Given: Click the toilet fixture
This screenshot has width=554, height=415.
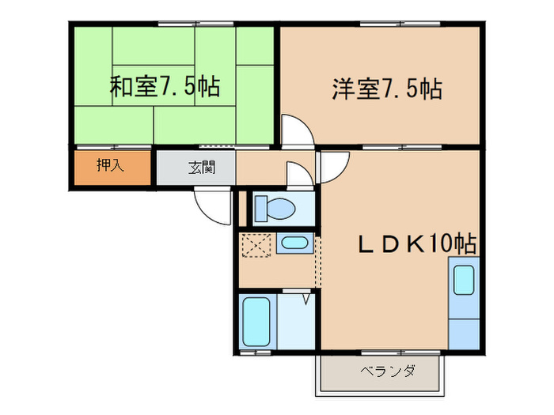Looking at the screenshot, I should [275, 209].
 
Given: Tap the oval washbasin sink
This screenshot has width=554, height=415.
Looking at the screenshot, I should [295, 244].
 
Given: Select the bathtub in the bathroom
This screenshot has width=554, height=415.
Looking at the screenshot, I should [255, 322].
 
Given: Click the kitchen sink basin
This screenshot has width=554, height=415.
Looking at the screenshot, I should [464, 280].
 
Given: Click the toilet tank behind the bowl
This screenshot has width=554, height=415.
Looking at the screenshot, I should [260, 209].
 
